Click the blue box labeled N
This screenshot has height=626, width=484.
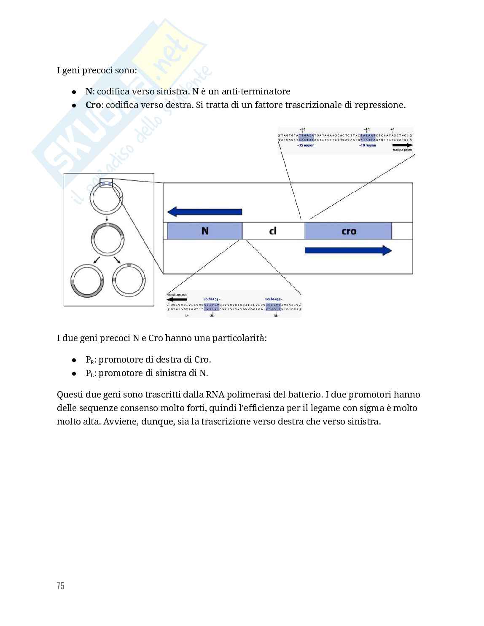tap(205, 231)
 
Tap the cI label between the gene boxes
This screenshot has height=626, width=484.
tap(273, 231)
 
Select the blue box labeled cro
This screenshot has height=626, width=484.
tap(348, 231)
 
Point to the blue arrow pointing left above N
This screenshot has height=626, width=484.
tap(204, 212)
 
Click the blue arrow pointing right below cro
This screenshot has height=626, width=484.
tap(348, 250)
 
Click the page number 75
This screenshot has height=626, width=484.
tap(60, 586)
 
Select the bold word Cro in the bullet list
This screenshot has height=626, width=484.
tap(93, 105)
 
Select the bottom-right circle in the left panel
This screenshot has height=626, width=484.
tap(129, 279)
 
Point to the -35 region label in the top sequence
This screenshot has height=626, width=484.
tap(306, 145)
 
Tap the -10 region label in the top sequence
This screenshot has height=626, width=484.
tap(368, 145)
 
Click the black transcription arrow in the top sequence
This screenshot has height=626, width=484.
tap(403, 145)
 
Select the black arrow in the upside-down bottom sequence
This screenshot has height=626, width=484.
tap(177, 299)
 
